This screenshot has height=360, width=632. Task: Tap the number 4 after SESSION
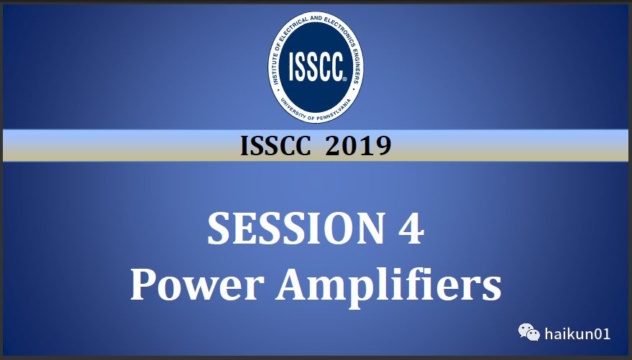click(411, 229)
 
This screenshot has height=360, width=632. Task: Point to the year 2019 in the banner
click(358, 146)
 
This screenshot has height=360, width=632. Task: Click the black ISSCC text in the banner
click(275, 146)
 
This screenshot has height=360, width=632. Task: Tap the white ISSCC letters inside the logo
click(316, 67)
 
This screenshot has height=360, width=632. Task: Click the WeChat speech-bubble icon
click(528, 333)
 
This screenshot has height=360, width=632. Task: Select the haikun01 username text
click(577, 334)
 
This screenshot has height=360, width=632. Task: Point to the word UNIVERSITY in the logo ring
click(293, 109)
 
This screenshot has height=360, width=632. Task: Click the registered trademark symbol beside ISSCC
click(344, 79)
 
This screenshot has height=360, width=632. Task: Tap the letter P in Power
click(144, 285)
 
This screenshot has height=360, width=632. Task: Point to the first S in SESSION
click(218, 229)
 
